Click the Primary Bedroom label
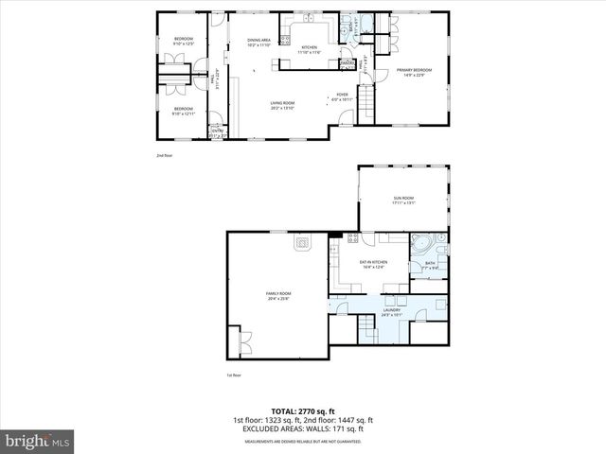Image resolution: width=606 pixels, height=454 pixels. pyautogui.click(x=415, y=71)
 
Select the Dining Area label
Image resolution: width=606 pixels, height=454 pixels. pyautogui.click(x=259, y=42)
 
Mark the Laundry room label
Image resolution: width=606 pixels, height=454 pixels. pyautogui.click(x=391, y=311)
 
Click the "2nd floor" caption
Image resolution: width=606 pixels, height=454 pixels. pyautogui.click(x=165, y=154)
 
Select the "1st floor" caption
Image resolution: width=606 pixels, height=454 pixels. pyautogui.click(x=234, y=375)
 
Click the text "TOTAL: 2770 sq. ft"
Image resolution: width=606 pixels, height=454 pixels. pyautogui.click(x=302, y=411)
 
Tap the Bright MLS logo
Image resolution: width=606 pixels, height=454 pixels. pyautogui.click(x=38, y=441)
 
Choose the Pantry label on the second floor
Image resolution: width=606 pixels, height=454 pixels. pyautogui.click(x=347, y=63)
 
